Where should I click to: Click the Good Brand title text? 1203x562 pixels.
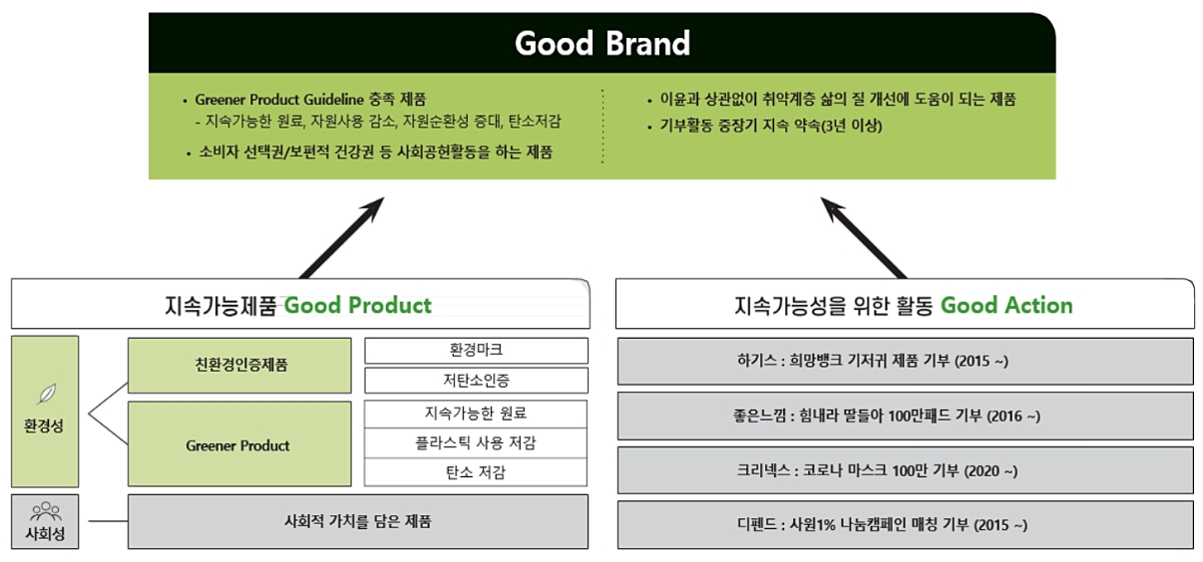[602, 43]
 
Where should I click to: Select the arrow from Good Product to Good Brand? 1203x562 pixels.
[341, 237]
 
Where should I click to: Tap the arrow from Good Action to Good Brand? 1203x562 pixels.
[864, 237]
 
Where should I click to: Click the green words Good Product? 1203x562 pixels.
[358, 305]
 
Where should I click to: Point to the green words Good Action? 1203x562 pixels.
[1006, 305]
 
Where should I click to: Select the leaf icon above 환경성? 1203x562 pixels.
[47, 394]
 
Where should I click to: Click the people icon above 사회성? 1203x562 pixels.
[46, 511]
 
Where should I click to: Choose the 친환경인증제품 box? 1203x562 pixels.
[239, 365]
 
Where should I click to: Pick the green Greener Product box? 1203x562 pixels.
[239, 444]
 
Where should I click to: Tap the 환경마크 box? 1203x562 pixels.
[477, 350]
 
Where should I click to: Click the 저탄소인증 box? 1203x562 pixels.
[477, 381]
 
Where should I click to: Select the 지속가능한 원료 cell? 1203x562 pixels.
[476, 414]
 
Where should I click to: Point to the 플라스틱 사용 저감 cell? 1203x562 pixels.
[476, 443]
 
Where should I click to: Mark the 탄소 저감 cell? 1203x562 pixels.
[476, 472]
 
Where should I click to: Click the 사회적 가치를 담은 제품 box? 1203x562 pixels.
[358, 521]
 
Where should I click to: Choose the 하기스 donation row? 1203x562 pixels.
[906, 361]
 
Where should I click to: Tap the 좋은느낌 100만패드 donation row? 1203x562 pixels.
[906, 416]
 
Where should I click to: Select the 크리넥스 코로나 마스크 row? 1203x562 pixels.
[906, 470]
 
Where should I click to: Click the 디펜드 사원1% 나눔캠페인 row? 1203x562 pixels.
[906, 524]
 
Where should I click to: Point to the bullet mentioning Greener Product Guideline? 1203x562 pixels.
[305, 100]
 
